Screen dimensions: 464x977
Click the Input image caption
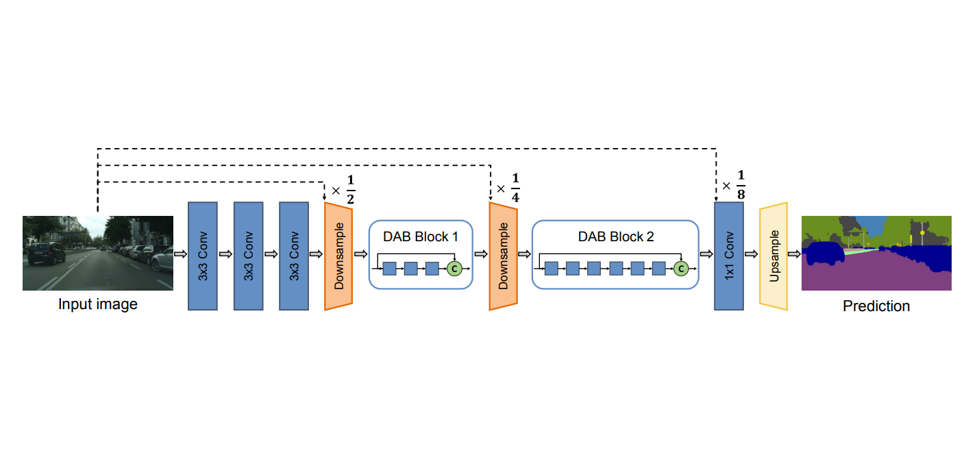(x=97, y=304)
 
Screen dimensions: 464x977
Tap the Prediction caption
(x=876, y=306)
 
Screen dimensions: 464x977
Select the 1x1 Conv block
(x=729, y=256)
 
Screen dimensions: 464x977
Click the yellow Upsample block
(x=774, y=256)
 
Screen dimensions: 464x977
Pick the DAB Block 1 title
(x=421, y=237)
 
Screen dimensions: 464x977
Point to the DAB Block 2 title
(x=616, y=237)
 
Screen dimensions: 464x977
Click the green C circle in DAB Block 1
(x=454, y=269)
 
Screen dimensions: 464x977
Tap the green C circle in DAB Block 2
(x=680, y=269)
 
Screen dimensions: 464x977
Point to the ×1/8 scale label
(x=734, y=186)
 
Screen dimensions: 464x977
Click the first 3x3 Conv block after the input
(x=203, y=256)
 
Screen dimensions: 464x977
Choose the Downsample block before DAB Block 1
(x=338, y=256)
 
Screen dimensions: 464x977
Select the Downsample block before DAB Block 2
(x=503, y=256)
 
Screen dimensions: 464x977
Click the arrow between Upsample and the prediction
(x=794, y=254)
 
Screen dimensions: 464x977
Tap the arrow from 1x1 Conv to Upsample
(x=751, y=254)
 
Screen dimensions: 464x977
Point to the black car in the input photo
(x=45, y=253)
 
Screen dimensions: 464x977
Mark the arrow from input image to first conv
(x=181, y=254)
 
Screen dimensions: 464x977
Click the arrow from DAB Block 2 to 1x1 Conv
(x=706, y=254)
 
